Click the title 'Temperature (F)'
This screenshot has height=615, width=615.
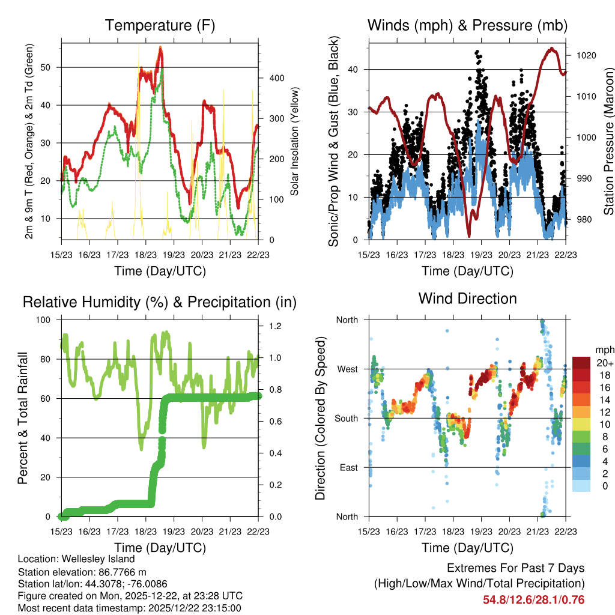[x=160, y=26]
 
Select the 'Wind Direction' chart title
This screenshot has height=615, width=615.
[x=467, y=298]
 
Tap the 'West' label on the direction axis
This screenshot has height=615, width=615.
[x=347, y=369]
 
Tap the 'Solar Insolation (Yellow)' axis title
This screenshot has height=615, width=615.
[x=295, y=141]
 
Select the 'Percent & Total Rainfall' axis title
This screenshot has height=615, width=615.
[x=23, y=418]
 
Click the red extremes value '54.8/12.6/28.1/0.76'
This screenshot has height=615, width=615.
[x=533, y=600]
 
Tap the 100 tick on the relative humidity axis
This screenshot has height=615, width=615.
[x=46, y=320]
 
